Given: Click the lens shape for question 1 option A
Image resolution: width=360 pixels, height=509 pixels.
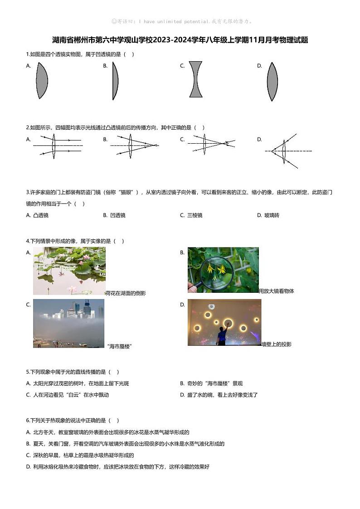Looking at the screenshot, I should tap(41, 81).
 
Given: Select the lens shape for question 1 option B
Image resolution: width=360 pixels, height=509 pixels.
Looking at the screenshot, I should tap(115, 81).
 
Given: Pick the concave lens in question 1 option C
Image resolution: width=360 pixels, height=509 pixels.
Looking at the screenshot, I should tap(195, 79).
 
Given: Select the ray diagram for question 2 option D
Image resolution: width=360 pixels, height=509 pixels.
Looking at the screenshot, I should tap(286, 150).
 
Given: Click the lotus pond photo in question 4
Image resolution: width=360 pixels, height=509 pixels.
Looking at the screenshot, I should tap(69, 271).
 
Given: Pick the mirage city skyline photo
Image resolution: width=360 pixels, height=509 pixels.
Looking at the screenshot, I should tap(68, 323).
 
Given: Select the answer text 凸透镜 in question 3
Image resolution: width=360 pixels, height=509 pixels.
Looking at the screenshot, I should tap(41, 215).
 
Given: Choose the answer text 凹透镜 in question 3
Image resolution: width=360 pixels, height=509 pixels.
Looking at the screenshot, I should tap(117, 215).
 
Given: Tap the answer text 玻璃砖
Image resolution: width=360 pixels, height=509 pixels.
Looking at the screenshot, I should tap(272, 215).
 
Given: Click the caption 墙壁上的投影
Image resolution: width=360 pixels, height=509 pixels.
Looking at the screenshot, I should tap(277, 344).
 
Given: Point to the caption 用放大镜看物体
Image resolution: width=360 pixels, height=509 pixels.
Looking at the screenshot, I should tap(277, 291).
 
